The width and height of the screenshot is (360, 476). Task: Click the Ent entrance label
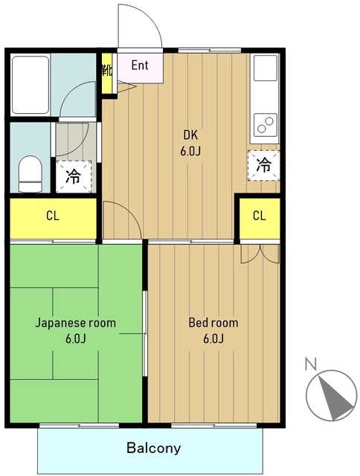click(x=140, y=65)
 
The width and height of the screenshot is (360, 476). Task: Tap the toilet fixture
click(x=30, y=173)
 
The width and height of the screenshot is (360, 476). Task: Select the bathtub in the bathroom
click(x=30, y=85)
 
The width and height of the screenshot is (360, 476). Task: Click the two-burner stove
click(x=266, y=124)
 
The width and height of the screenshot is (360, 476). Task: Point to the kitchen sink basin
click(x=266, y=68)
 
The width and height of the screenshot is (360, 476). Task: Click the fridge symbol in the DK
click(x=264, y=166)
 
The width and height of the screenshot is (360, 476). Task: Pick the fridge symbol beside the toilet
click(x=74, y=176)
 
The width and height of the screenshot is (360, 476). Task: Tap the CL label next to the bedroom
click(x=260, y=216)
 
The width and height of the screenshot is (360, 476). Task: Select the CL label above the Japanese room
click(x=53, y=216)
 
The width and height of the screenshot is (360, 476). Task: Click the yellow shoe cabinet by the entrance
click(x=106, y=74)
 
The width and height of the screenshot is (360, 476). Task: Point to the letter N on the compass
click(x=311, y=364)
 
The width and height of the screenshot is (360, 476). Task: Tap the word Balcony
click(x=153, y=448)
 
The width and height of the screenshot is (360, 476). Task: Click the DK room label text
click(x=190, y=135)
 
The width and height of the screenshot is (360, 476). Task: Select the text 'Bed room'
click(x=213, y=322)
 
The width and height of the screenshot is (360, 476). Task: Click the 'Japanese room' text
click(x=76, y=322)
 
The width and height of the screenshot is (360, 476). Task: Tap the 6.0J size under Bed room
click(x=213, y=338)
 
